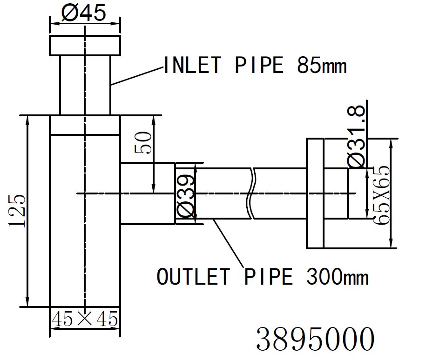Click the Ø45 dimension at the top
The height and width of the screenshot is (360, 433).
click(84, 13)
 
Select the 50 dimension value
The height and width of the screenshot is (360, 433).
click(143, 144)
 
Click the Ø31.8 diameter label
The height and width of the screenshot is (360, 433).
click(356, 137)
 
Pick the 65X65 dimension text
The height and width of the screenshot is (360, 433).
click(381, 195)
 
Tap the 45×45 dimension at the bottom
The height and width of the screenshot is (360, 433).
click(85, 320)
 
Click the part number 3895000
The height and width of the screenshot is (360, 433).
click(315, 339)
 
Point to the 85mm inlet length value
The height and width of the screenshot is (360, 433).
click(322, 66)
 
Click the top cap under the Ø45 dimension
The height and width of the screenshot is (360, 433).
click(85, 45)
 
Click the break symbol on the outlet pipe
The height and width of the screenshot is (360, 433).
click(251, 193)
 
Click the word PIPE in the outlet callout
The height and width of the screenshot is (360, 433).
click(269, 277)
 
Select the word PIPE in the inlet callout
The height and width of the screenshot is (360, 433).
click(259, 66)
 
